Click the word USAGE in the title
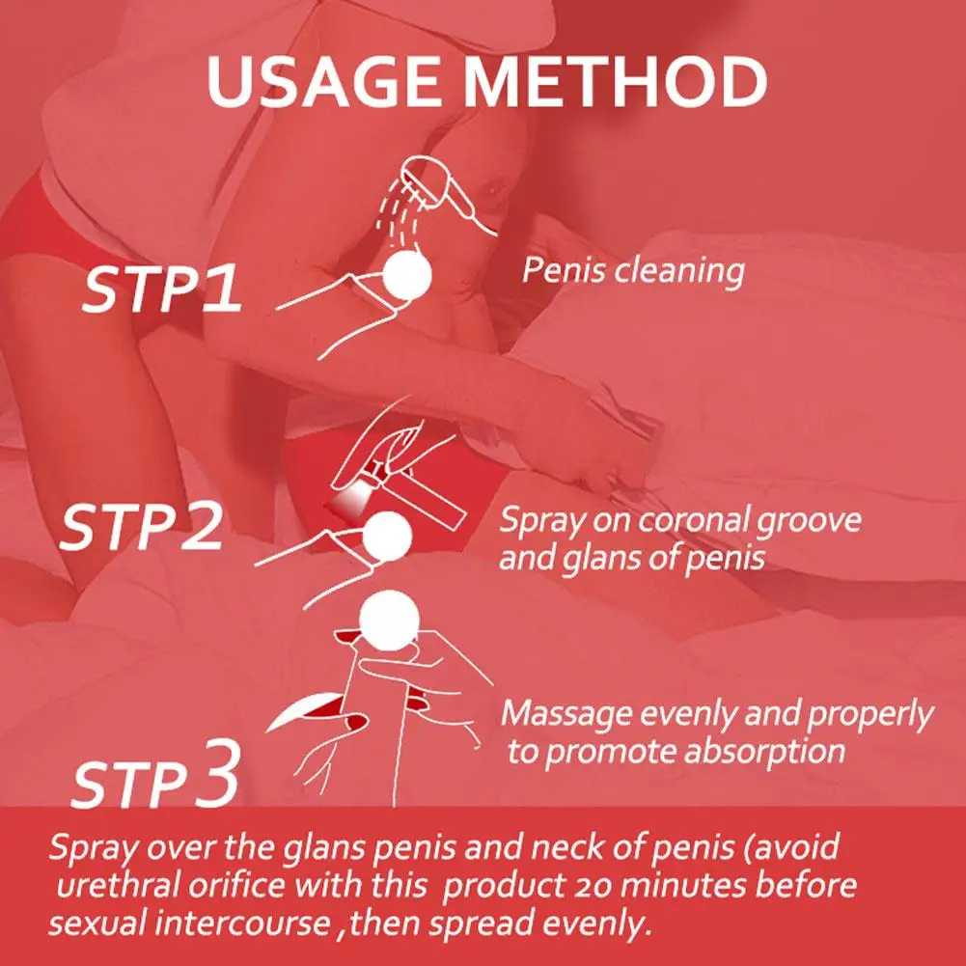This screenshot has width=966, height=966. pyautogui.click(x=323, y=81)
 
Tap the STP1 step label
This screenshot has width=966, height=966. pyautogui.click(x=161, y=289)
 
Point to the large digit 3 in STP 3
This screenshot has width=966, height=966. pyautogui.click(x=217, y=773)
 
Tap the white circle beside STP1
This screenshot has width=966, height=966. pyautogui.click(x=406, y=275)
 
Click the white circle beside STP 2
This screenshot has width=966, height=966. pyautogui.click(x=387, y=537)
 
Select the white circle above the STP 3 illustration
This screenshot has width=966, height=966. pyautogui.click(x=389, y=621)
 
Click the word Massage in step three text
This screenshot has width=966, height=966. pyautogui.click(x=566, y=715)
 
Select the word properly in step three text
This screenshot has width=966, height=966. pyautogui.click(x=870, y=716)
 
